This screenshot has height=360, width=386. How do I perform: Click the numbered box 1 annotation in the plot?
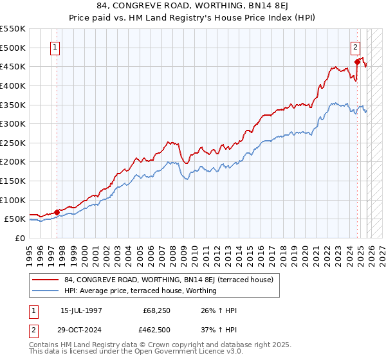click(x=55, y=47)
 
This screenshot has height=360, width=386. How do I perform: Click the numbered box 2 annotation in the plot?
click(x=355, y=47)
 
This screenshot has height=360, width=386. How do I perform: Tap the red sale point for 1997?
click(x=57, y=212)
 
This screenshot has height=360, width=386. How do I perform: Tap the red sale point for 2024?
click(x=357, y=62)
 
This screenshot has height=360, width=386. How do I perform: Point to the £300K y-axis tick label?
click(x=13, y=123)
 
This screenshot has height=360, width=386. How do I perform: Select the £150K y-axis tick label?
click(x=13, y=181)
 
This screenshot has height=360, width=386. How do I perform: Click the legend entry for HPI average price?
click(x=140, y=291)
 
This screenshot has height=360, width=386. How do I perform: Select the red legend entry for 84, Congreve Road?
click(x=169, y=280)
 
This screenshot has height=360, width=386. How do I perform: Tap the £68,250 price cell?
click(x=156, y=310)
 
